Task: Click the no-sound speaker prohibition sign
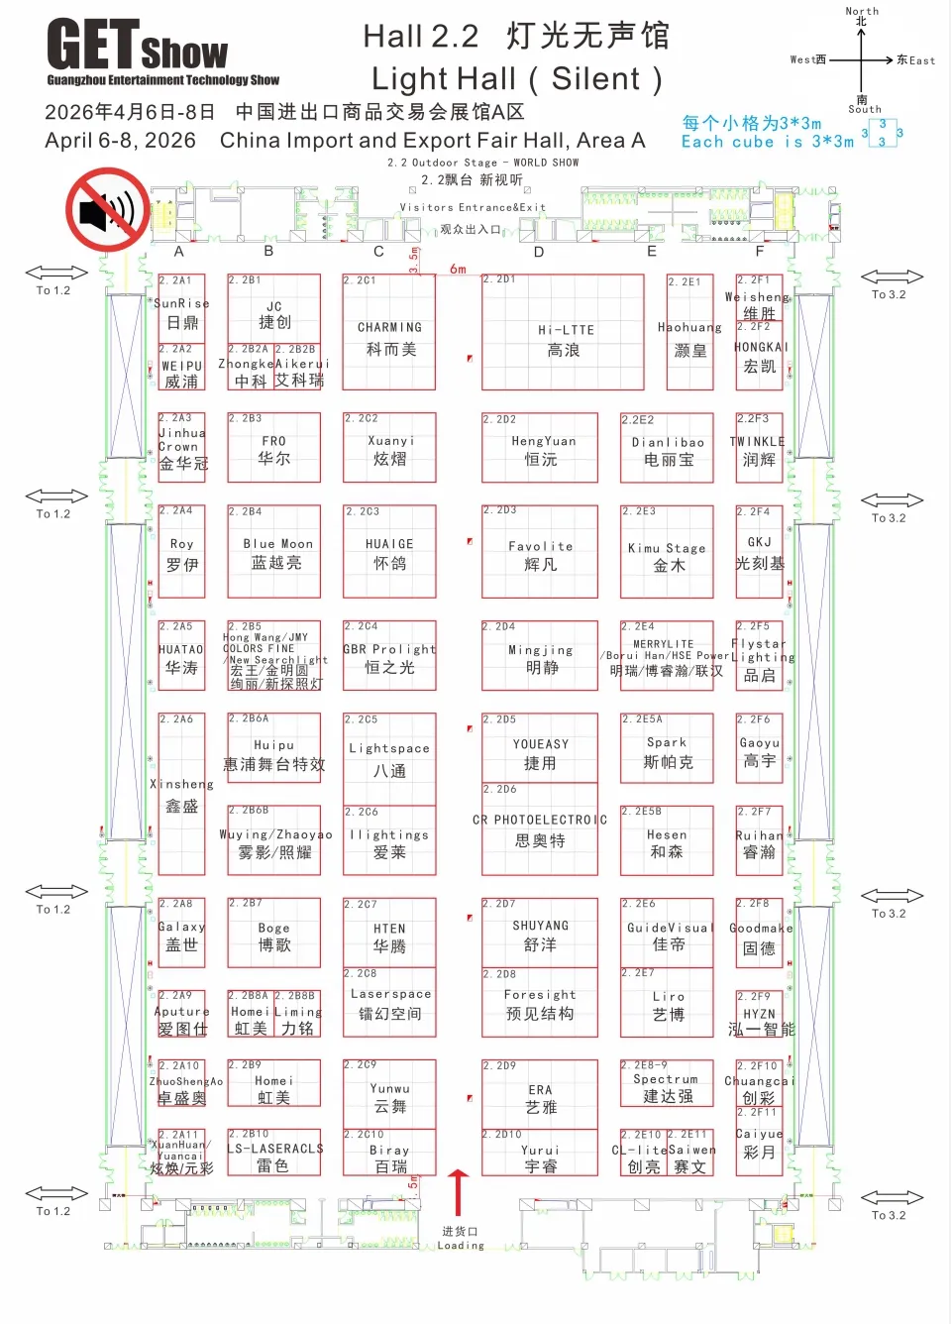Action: [107, 209]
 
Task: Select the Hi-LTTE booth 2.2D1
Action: [563, 332]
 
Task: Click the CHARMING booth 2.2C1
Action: [388, 332]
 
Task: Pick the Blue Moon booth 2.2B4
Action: [274, 552]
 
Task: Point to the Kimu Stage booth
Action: [667, 552]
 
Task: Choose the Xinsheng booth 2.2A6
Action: [181, 793]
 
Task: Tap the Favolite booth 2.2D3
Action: [540, 552]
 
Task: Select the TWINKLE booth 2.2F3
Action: [759, 448]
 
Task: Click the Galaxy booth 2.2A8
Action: [181, 933]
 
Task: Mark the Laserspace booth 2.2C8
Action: [389, 1002]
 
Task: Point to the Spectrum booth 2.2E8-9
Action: [667, 1084]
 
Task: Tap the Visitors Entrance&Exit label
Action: [473, 207]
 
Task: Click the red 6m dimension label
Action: [458, 269]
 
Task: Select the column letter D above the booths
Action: [539, 252]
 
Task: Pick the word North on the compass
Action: [862, 11]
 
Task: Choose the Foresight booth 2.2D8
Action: [540, 1002]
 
